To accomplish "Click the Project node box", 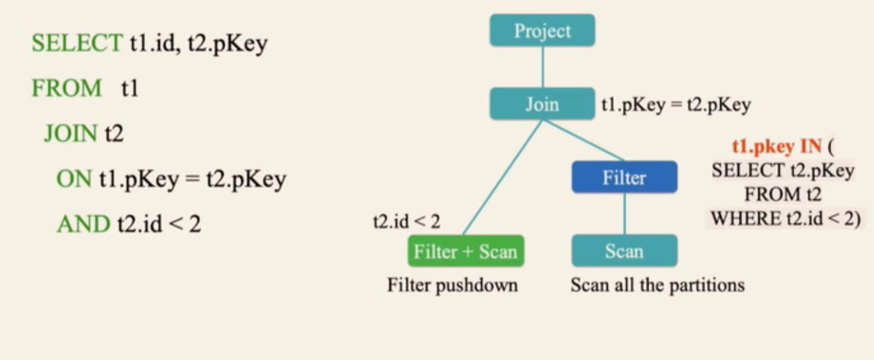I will tap(542, 31).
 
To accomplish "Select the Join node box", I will tap(542, 104).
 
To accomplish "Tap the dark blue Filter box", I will tap(624, 177).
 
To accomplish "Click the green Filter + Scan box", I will tap(465, 251).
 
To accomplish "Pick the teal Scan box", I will tap(624, 251).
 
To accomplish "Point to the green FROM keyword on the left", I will tap(67, 88).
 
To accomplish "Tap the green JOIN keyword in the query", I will tap(71, 134).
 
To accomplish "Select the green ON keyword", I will tap(74, 179).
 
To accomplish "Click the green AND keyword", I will tap(83, 224).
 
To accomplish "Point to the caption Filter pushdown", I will tap(452, 285).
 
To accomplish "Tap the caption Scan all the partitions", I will tap(657, 285).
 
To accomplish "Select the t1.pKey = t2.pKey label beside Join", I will tap(676, 105).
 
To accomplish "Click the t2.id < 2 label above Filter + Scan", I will tap(406, 222).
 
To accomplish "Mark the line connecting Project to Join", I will tap(542, 68).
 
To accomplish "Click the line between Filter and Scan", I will tap(625, 214).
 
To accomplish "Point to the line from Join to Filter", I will tap(583, 140).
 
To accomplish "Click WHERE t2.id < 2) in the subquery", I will tap(785, 219).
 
